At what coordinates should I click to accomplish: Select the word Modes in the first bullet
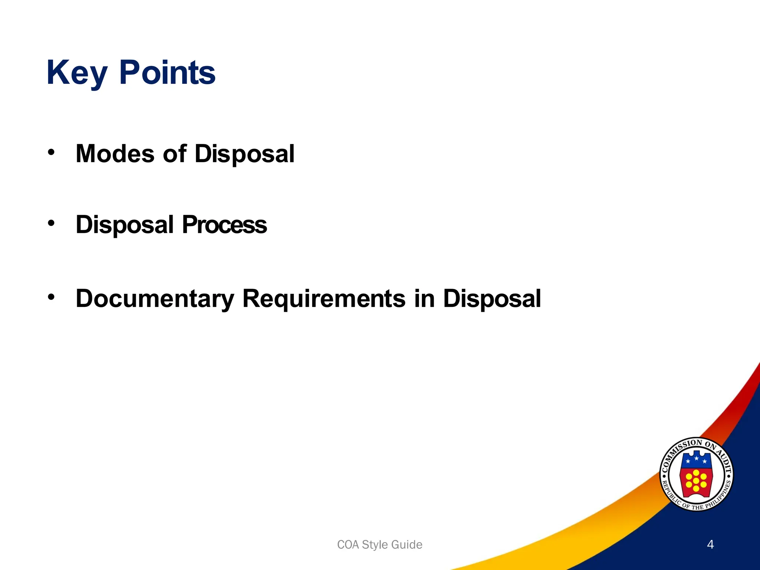click(x=115, y=154)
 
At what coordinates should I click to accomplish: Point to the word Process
click(x=224, y=225)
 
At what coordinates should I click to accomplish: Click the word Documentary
click(x=155, y=299)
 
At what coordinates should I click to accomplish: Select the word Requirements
click(x=324, y=299)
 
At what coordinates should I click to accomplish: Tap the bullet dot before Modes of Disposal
click(x=51, y=152)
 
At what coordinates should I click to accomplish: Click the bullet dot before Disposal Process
click(x=51, y=223)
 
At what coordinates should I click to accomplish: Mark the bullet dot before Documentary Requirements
click(x=51, y=297)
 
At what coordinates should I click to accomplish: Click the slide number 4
click(x=710, y=544)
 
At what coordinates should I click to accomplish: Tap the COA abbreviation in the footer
click(x=348, y=545)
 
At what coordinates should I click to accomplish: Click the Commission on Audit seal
click(x=696, y=474)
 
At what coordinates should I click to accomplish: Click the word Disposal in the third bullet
click(x=492, y=299)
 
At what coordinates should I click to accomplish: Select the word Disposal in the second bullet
click(x=125, y=225)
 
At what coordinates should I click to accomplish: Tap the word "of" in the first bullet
click(x=174, y=154)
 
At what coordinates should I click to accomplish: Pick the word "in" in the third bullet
click(x=424, y=299)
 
